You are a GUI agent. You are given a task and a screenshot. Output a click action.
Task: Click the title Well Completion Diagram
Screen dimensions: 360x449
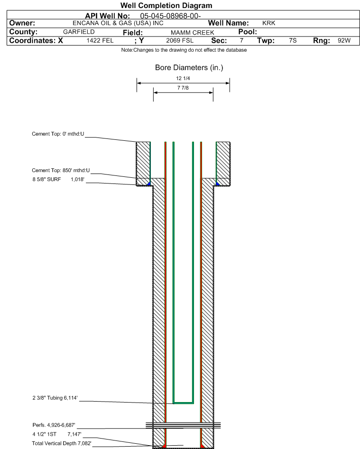(x=166, y=5)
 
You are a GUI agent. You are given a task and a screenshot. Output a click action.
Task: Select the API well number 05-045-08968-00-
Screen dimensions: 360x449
(x=170, y=16)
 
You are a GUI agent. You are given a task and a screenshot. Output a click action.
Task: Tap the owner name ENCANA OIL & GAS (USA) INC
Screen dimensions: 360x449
(x=118, y=23)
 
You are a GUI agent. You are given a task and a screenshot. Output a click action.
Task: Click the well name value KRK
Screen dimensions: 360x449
(x=268, y=23)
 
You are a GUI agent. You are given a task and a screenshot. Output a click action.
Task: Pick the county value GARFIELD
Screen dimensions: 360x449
(x=79, y=32)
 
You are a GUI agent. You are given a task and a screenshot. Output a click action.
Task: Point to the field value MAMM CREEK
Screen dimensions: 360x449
(x=193, y=33)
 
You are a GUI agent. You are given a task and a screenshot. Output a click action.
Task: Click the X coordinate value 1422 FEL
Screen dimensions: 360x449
(x=100, y=41)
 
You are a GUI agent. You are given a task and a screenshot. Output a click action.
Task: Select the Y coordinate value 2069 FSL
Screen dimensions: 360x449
(x=180, y=41)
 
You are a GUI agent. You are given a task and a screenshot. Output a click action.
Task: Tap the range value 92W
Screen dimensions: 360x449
(x=344, y=40)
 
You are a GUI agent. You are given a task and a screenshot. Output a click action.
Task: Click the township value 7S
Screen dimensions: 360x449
(x=293, y=40)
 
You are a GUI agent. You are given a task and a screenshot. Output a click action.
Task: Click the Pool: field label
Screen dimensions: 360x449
(x=248, y=32)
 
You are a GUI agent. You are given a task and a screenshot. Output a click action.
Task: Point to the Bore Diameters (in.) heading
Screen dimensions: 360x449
(x=189, y=68)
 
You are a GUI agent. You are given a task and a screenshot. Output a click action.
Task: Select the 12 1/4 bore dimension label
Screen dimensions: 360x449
(x=183, y=78)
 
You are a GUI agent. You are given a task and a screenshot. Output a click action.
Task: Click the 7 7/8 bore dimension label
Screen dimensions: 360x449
(x=183, y=88)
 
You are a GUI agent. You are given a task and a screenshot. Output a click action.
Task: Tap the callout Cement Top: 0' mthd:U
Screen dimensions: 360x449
(x=58, y=134)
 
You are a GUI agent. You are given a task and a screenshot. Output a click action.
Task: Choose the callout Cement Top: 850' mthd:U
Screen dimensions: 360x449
(x=61, y=170)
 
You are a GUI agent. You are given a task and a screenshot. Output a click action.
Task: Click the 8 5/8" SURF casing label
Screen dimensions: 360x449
(x=46, y=180)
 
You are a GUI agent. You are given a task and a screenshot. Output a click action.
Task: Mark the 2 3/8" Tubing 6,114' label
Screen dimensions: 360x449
(x=55, y=398)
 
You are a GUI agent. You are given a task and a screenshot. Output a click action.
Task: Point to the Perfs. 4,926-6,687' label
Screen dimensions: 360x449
(x=54, y=425)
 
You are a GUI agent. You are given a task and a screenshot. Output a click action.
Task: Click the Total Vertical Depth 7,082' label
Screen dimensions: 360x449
(x=62, y=443)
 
